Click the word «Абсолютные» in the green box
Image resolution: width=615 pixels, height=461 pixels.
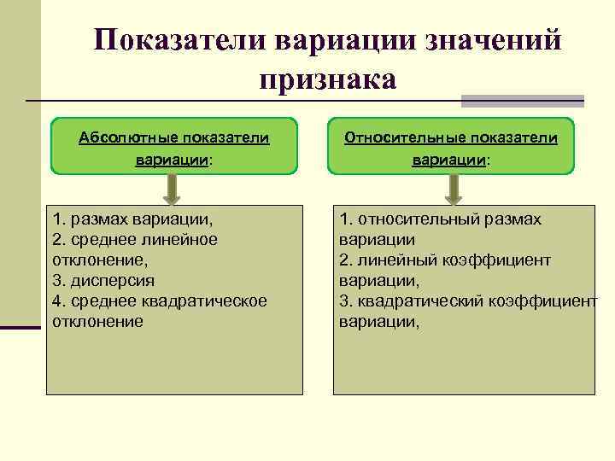coord(120,138)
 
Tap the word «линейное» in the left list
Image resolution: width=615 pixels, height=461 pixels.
coord(182,239)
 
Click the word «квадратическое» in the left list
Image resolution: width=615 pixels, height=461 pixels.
coord(207,301)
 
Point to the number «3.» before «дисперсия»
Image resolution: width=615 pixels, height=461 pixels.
coord(58,280)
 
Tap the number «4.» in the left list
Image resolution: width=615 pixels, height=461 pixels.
coord(58,301)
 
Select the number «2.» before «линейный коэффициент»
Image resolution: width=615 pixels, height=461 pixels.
coord(346,260)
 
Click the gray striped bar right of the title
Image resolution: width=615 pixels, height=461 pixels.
coord(522,101)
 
